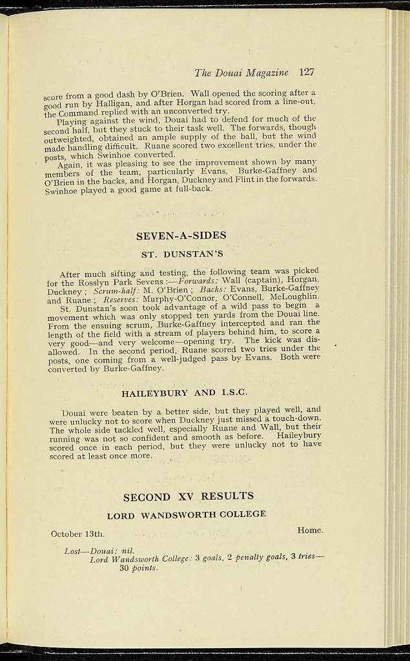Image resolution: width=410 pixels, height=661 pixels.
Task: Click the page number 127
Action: click(x=307, y=72)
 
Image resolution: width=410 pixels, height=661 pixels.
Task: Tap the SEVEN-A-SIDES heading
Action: click(x=181, y=236)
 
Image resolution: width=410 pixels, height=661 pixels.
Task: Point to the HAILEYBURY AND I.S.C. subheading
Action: click(x=185, y=392)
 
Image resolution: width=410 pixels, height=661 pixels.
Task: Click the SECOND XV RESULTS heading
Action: click(x=189, y=496)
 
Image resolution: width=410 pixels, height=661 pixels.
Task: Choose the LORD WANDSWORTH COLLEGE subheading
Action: click(x=187, y=515)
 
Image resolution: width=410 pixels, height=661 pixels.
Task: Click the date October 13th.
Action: click(x=77, y=534)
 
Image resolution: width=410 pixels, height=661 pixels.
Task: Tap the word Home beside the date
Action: click(x=310, y=530)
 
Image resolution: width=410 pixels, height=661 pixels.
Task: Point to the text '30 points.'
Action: click(x=139, y=568)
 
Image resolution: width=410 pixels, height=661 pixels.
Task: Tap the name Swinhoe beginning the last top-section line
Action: click(x=63, y=189)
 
